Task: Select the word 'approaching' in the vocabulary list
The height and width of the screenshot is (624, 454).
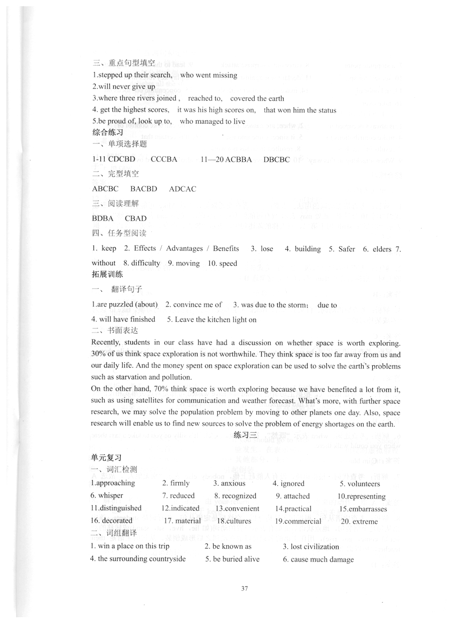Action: [x=114, y=483]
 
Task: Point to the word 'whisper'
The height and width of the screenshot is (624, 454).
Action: [x=111, y=495]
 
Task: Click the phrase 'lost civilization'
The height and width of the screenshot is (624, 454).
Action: [x=315, y=547]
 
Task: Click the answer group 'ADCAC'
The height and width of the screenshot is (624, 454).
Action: [x=183, y=189]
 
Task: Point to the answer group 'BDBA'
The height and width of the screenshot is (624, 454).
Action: [x=103, y=218]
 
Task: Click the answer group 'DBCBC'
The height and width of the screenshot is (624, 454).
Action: [x=277, y=159]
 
